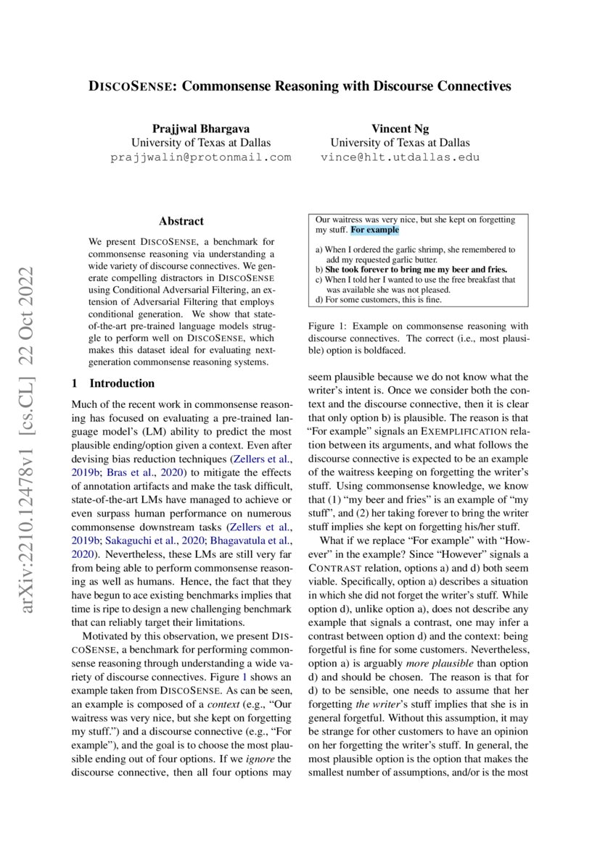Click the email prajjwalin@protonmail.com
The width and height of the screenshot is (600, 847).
(200, 157)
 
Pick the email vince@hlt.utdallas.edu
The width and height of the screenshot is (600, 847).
(400, 157)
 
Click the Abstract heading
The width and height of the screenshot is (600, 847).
(181, 221)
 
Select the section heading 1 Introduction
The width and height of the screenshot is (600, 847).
(113, 383)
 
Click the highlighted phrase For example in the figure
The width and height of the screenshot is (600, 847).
(374, 230)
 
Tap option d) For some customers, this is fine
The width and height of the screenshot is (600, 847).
(378, 299)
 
